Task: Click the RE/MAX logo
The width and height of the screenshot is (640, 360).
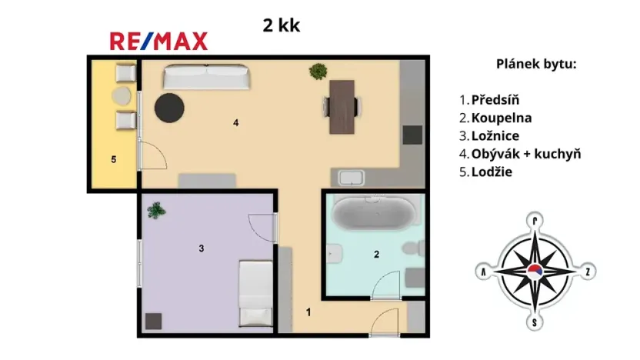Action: (x=158, y=41)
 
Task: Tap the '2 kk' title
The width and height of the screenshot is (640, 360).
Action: (x=282, y=25)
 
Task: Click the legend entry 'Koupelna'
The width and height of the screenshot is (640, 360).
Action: (x=500, y=118)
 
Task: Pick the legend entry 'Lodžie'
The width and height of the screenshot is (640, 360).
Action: (x=492, y=172)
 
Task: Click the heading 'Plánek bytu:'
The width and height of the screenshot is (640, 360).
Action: (x=535, y=64)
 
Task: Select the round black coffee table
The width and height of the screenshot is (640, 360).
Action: (x=169, y=108)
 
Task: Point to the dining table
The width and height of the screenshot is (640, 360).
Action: (x=342, y=106)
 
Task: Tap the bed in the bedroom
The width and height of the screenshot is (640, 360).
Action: (x=254, y=293)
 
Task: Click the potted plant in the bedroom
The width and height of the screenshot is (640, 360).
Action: (x=156, y=209)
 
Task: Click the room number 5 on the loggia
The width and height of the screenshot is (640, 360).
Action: (x=113, y=160)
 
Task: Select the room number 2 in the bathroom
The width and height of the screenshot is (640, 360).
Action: (x=376, y=254)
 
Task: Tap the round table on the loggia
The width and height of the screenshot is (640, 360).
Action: (x=122, y=97)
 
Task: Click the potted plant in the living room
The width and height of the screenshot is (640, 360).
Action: (x=316, y=72)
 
